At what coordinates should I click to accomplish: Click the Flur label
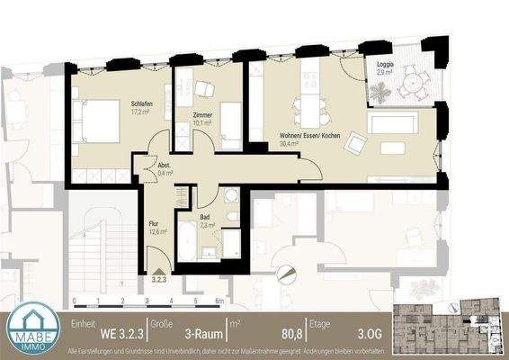tap(155, 222)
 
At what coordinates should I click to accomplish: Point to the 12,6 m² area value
tap(157, 232)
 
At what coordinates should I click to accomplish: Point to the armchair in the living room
tap(357, 141)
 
